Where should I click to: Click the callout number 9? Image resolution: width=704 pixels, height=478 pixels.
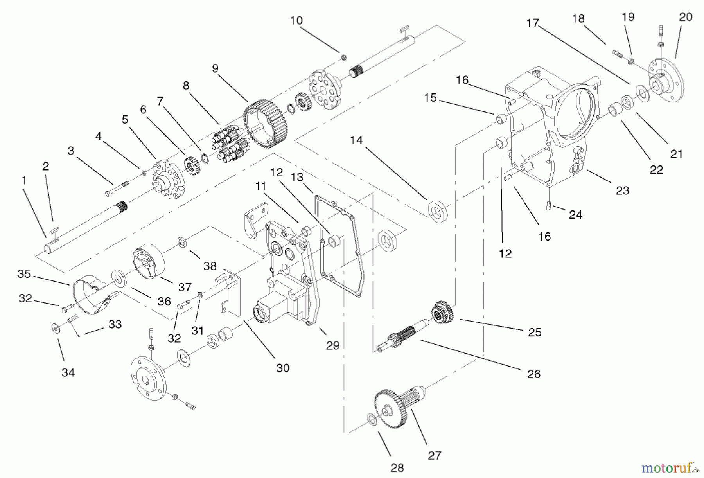[x=215, y=68]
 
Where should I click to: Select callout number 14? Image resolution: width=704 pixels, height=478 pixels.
[x=356, y=140]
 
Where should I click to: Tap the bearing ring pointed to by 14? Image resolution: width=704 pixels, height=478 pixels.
[x=437, y=211]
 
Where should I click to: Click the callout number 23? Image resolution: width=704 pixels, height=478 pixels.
[x=623, y=190]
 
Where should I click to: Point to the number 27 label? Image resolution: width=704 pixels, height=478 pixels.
[x=435, y=456]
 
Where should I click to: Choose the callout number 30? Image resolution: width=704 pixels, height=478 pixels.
[x=283, y=368]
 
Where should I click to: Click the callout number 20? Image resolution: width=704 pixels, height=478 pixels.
[x=686, y=17]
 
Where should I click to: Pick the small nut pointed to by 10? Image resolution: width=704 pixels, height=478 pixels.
[x=343, y=58]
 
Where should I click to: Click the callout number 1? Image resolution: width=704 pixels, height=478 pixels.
[x=24, y=180]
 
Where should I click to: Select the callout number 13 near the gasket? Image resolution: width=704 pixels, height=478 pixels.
[x=297, y=177]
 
